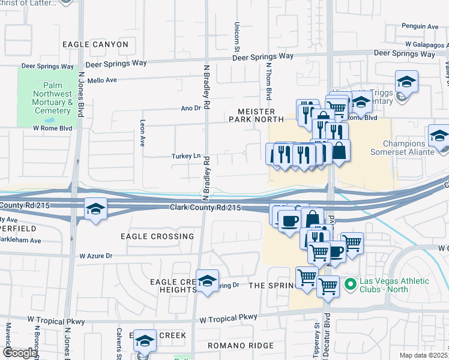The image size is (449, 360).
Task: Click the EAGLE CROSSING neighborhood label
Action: click(x=157, y=236)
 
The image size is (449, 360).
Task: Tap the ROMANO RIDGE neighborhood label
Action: click(x=240, y=346)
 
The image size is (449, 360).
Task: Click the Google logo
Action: click(x=20, y=353)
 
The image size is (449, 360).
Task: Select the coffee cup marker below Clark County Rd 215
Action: click(x=289, y=220)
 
